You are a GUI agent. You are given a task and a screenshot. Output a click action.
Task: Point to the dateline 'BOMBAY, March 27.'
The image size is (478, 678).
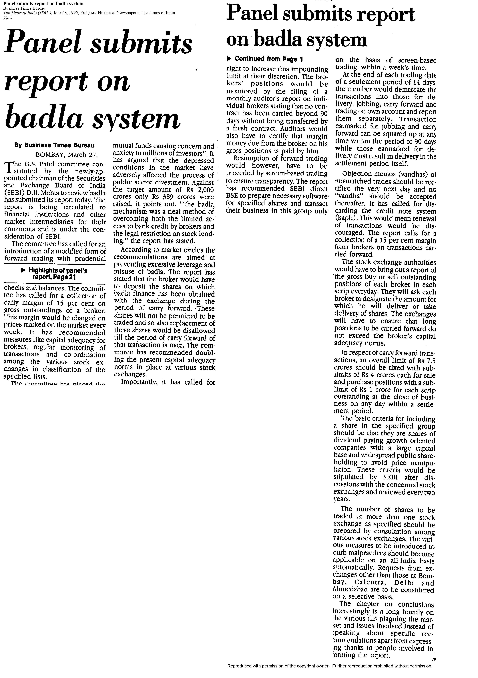point(67,155)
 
